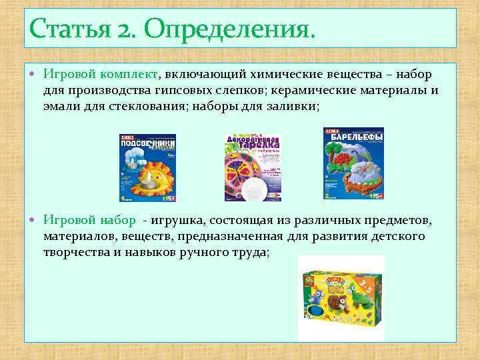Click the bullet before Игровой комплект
[x=35, y=75]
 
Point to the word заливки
[x=300, y=106]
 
